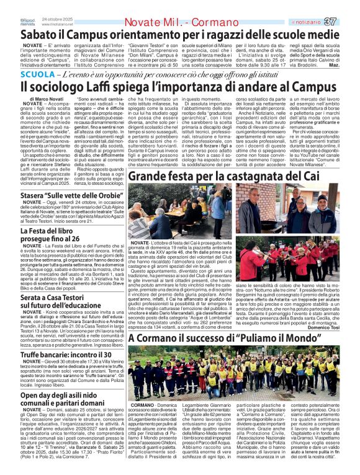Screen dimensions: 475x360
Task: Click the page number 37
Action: [348, 22]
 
